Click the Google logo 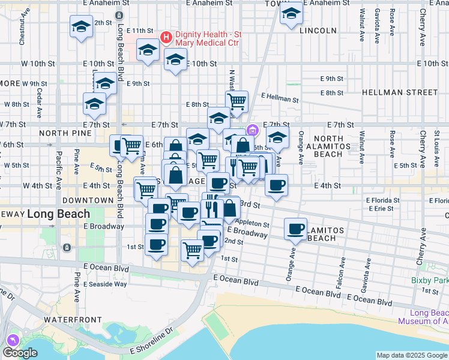(20, 353)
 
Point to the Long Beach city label (59, 214)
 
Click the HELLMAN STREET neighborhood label (400, 92)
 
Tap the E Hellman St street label (280, 98)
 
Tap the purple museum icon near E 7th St (253, 130)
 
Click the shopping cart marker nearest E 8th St (237, 101)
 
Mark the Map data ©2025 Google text (412, 355)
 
